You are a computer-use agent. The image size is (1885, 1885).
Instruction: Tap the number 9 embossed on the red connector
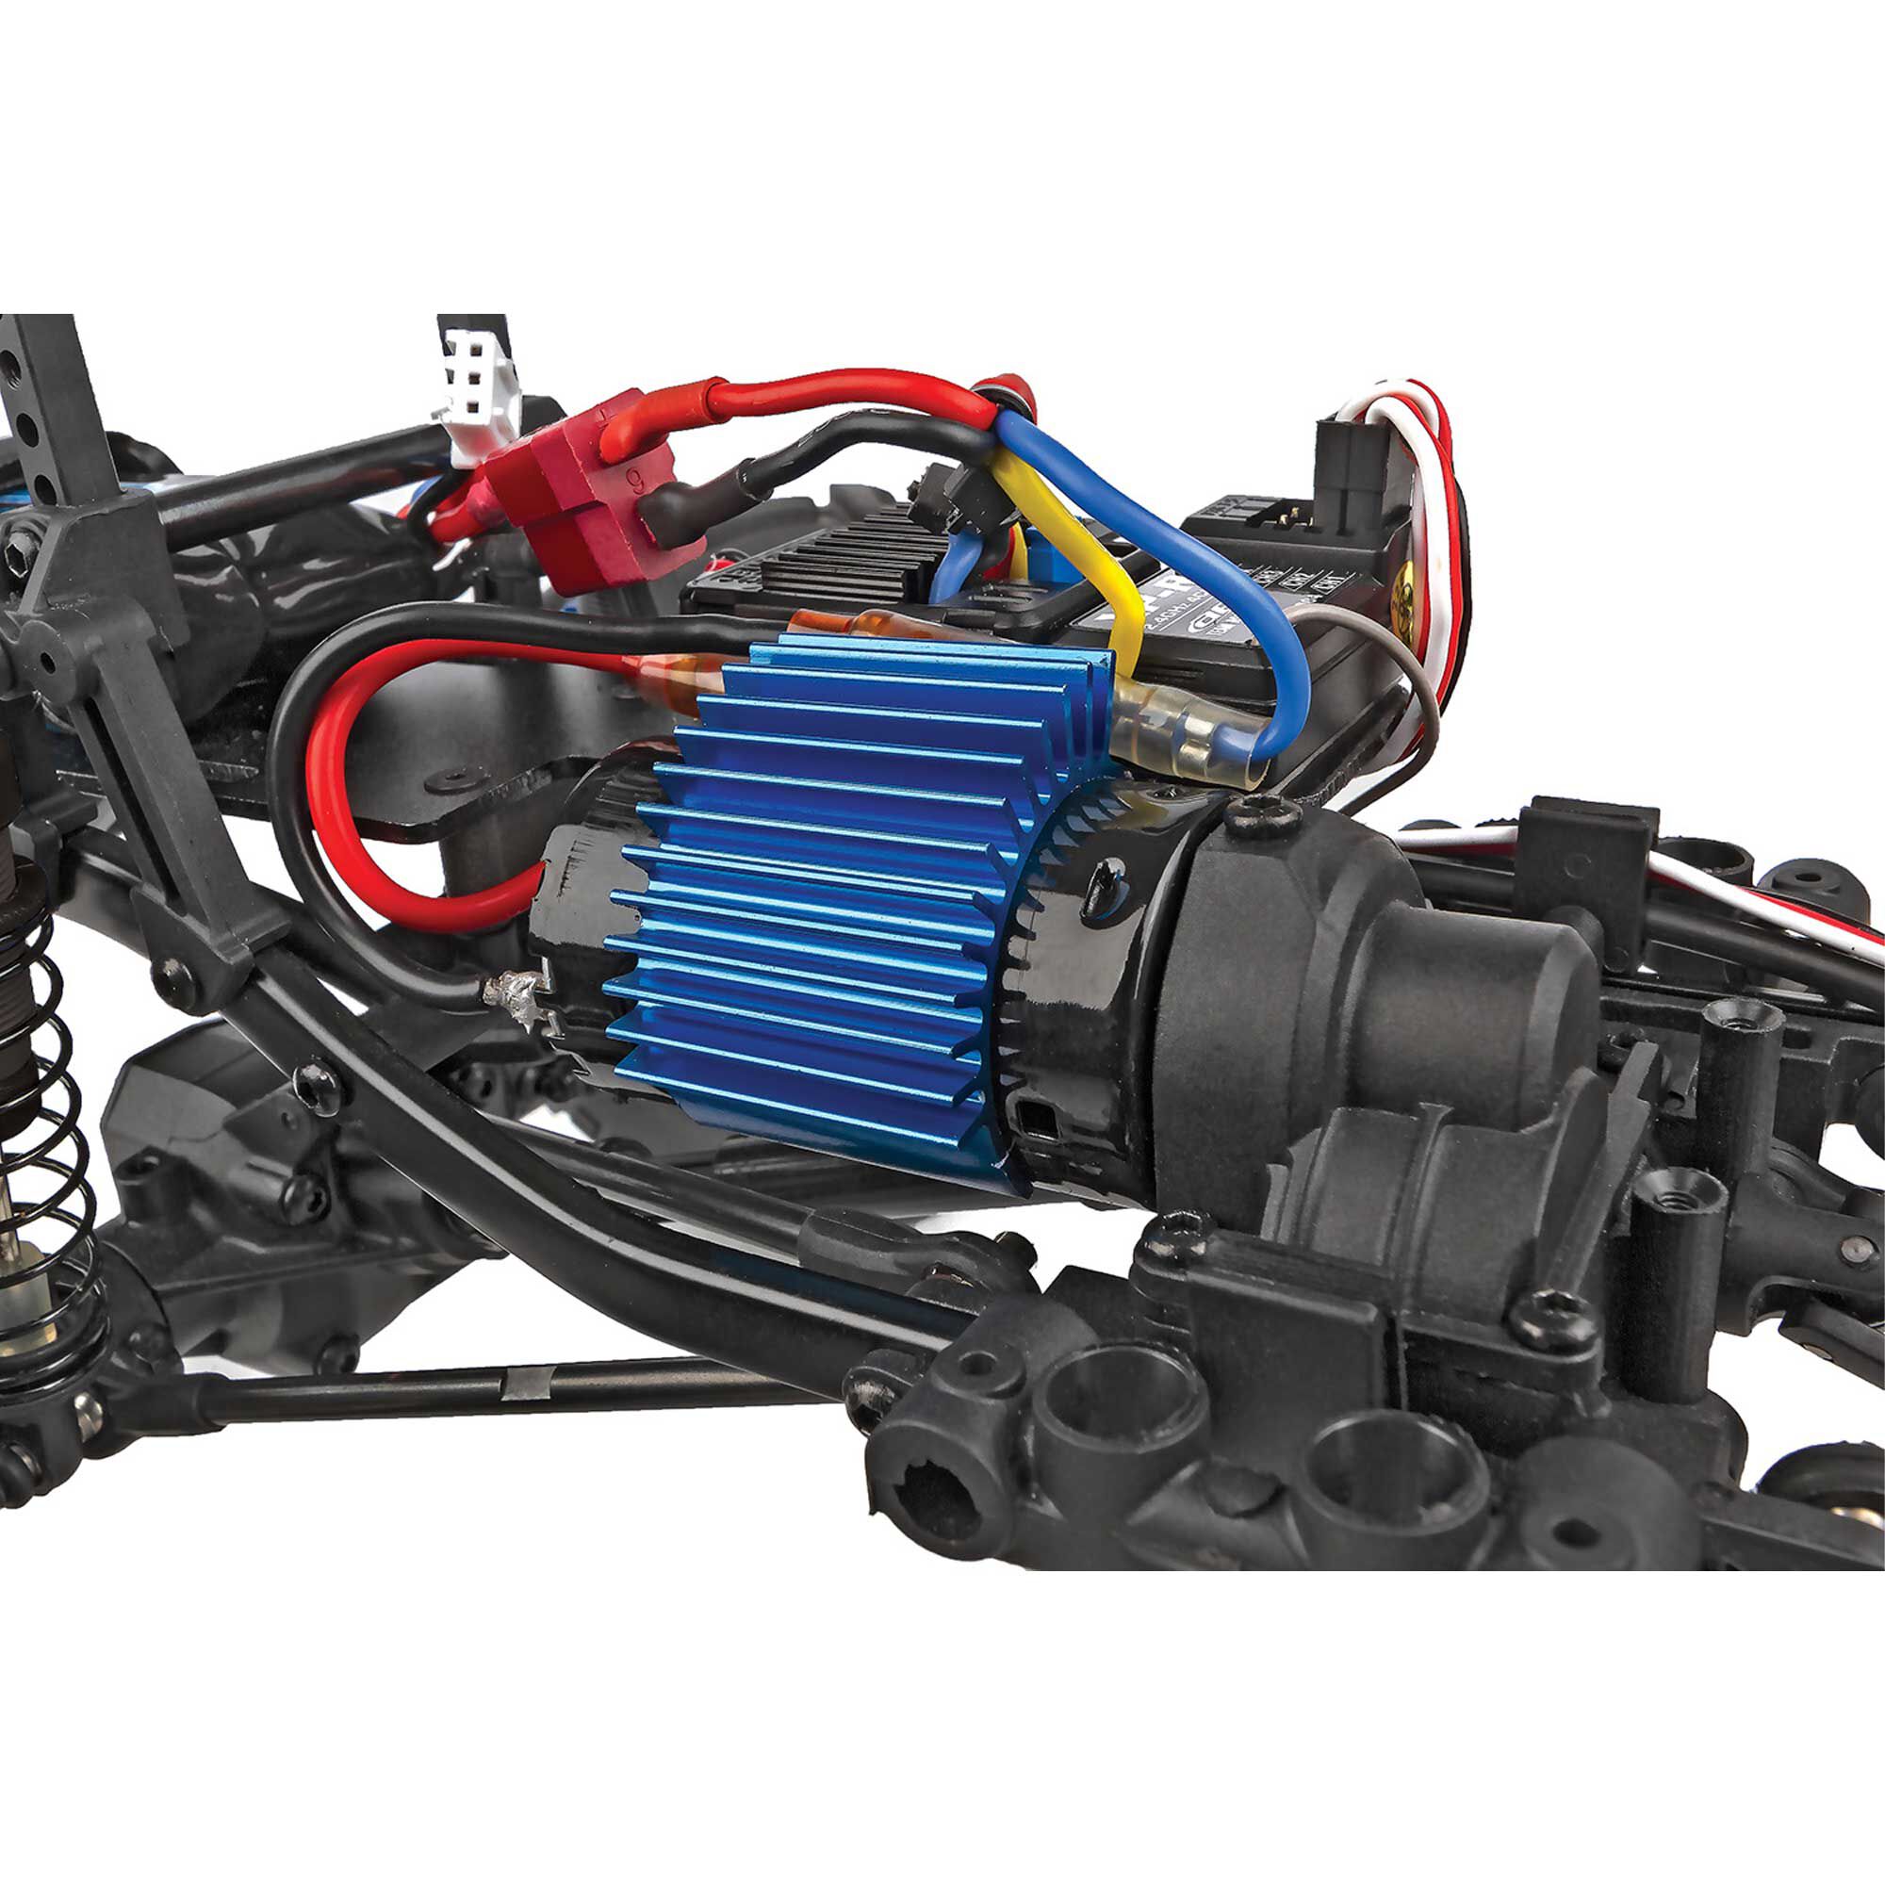[x=635, y=478]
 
